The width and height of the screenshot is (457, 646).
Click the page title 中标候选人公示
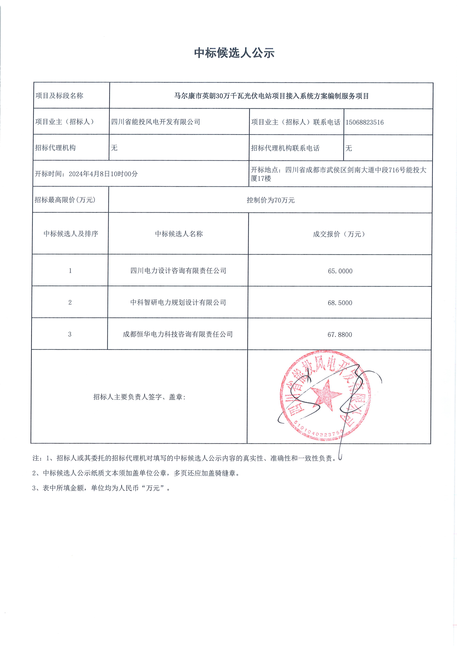pyautogui.click(x=234, y=53)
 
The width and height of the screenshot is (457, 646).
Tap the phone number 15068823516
pyautogui.click(x=364, y=122)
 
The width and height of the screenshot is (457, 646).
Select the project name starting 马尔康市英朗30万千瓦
pyautogui.click(x=271, y=96)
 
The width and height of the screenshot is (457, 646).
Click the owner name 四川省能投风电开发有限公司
pyautogui.click(x=156, y=122)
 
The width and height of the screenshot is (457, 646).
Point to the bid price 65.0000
pyautogui.click(x=340, y=271)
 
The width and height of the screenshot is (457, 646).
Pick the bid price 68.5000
pyautogui.click(x=340, y=303)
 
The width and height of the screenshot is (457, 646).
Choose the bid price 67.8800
pyautogui.click(x=340, y=335)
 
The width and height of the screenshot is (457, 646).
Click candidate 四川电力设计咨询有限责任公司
pyautogui.click(x=178, y=271)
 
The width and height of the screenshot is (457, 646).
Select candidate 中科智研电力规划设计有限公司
pyautogui.click(x=178, y=303)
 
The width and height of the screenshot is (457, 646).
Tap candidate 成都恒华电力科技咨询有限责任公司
pyautogui.click(x=178, y=334)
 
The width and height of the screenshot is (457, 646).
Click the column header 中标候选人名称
pyautogui.click(x=179, y=234)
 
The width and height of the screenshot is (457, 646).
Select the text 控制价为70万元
pyautogui.click(x=270, y=200)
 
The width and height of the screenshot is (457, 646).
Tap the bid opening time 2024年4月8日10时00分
pyautogui.click(x=103, y=174)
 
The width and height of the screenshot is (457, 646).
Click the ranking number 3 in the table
pyautogui.click(x=70, y=334)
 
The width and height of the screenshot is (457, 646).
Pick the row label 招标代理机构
pyautogui.click(x=55, y=148)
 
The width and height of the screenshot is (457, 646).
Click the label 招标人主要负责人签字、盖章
pyautogui.click(x=139, y=397)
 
